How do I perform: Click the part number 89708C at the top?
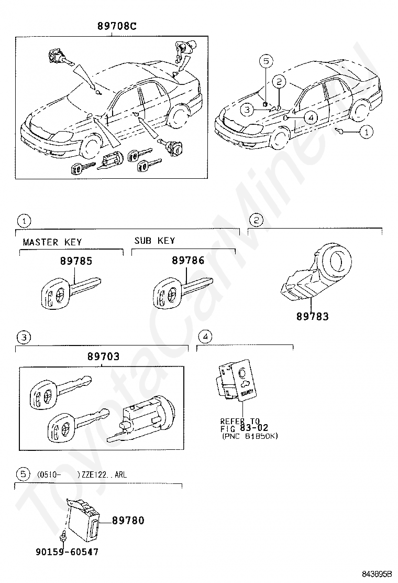coord(116,26)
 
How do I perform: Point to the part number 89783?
coord(312,316)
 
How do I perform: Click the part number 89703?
coord(103,357)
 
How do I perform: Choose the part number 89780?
coord(129,521)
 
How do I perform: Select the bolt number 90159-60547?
coord(67,552)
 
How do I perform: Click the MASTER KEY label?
coord(52,242)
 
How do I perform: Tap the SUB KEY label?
coord(154,241)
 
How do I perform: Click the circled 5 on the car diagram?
coord(266,61)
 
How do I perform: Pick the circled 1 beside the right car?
coord(366,132)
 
